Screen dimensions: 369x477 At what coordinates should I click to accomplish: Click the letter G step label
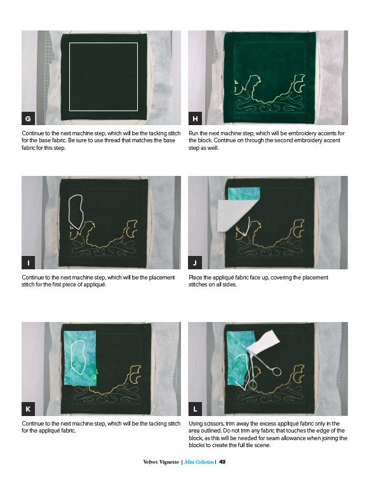(28, 118)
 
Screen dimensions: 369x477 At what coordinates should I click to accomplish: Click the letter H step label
(195, 118)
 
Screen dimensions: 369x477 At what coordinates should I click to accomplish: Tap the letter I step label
(28, 262)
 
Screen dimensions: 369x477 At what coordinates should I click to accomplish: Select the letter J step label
(195, 262)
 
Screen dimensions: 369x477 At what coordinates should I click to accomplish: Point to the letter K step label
(28, 409)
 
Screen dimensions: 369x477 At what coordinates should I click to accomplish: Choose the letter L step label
(195, 409)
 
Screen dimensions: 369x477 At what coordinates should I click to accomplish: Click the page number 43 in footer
(222, 462)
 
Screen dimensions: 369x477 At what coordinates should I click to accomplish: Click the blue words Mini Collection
(199, 462)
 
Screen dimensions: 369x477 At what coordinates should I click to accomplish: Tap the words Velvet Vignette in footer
(161, 462)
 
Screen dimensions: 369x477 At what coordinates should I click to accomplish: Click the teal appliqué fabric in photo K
(79, 358)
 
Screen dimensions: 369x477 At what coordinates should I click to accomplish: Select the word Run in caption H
(193, 133)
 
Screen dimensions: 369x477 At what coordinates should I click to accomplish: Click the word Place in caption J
(195, 278)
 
